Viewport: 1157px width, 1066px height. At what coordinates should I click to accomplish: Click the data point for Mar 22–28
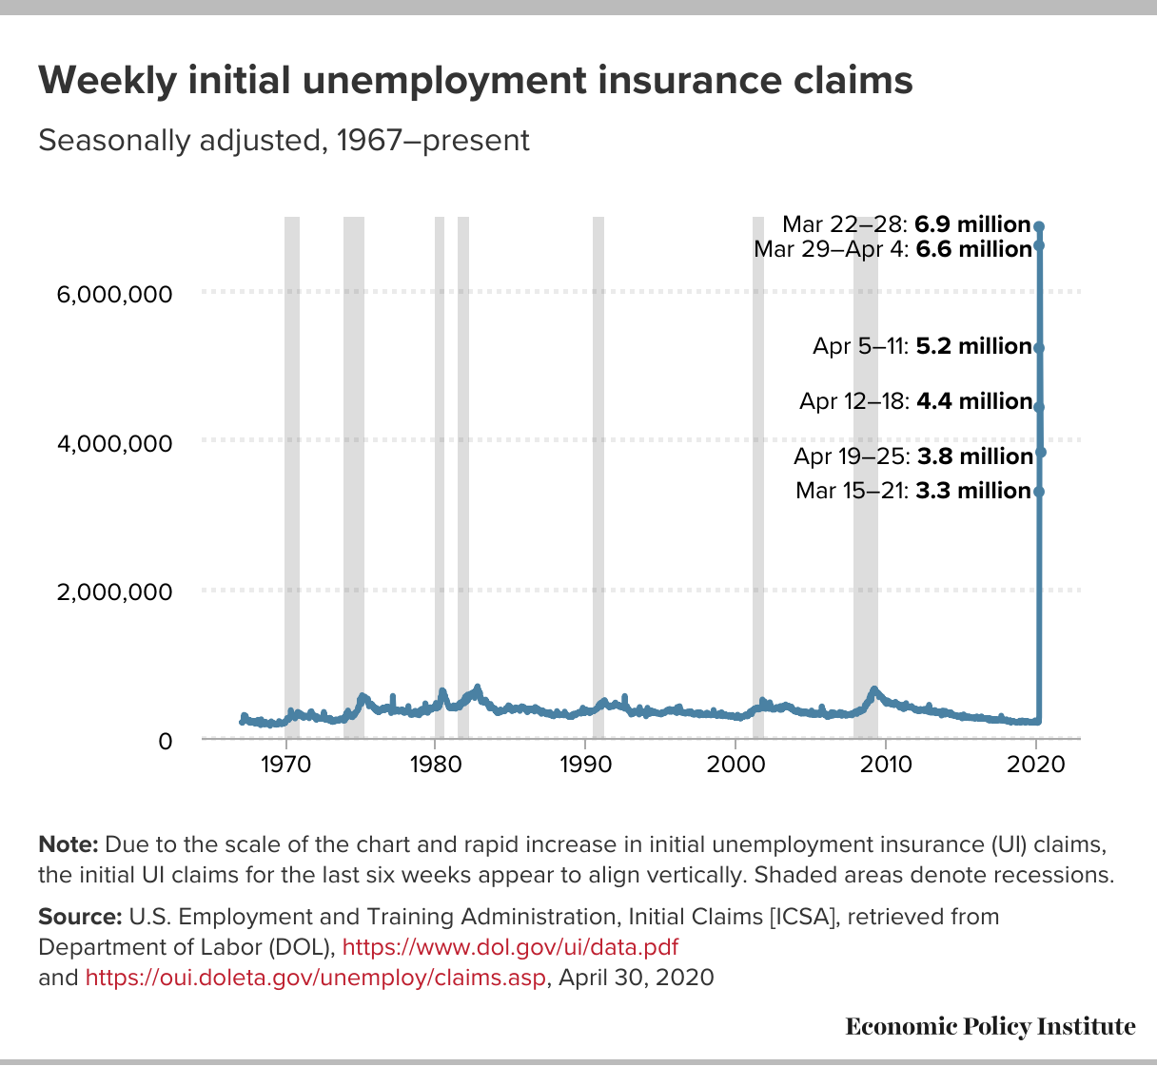coord(1039,226)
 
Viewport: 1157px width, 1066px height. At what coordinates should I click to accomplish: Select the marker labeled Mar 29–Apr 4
coord(1039,246)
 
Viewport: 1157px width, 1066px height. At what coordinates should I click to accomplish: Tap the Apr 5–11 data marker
coord(1039,348)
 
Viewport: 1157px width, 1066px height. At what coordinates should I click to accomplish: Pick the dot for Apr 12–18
coord(1039,407)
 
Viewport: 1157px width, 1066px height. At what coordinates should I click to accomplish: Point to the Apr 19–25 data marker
coord(1041,452)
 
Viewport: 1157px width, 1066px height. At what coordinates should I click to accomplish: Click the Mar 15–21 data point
coord(1039,492)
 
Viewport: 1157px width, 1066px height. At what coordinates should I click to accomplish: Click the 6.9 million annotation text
coord(972,224)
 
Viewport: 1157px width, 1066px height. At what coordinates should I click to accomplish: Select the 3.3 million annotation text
coord(973,491)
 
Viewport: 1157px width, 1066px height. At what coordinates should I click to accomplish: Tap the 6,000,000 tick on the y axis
coord(114,295)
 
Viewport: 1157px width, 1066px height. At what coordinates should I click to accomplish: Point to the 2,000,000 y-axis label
coord(114,592)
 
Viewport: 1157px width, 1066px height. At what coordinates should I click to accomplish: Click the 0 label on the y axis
coord(166,742)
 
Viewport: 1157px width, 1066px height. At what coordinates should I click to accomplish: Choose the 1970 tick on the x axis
coord(286,765)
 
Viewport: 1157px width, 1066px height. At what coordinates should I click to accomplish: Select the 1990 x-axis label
coord(585,765)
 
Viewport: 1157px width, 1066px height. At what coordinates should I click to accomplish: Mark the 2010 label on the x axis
coord(886,765)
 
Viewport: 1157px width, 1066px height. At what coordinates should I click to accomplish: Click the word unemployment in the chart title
coord(444,82)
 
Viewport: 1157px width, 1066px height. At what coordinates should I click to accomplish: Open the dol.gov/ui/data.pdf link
coord(510,946)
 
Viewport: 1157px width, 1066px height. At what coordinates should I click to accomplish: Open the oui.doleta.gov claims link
coord(315,977)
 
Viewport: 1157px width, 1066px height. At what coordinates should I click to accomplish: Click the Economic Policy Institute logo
coord(990,1026)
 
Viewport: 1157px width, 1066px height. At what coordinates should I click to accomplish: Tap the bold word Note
coord(69,844)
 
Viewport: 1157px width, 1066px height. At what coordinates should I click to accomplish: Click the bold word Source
coord(80,917)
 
